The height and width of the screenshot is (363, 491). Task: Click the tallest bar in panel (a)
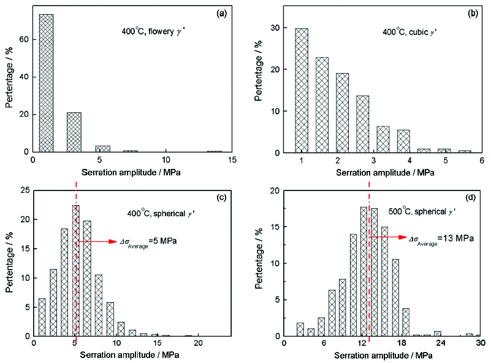tap(47, 83)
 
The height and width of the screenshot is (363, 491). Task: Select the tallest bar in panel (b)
tap(301, 90)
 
